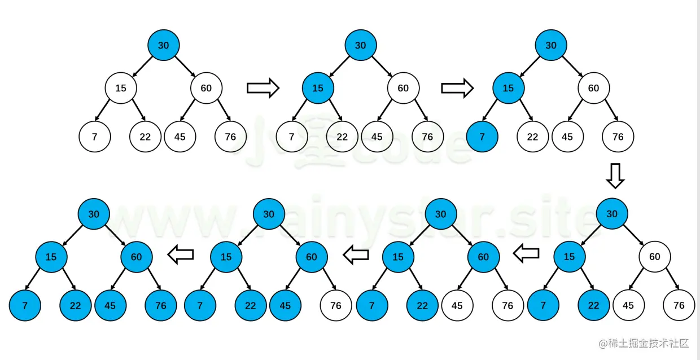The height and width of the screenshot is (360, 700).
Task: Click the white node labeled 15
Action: coord(121,88)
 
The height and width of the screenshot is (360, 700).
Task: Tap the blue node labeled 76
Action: coord(161,305)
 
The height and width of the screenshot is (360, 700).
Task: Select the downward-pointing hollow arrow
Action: coord(615,176)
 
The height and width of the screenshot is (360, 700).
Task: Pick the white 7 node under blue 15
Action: coord(291,137)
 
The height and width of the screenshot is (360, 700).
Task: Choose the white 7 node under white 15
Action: coord(94,137)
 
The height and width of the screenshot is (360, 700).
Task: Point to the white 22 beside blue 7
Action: coord(532,137)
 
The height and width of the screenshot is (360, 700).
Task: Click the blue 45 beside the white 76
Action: coord(285,305)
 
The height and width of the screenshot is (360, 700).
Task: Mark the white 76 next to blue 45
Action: coord(336,305)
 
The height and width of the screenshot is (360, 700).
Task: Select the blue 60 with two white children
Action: coord(483,257)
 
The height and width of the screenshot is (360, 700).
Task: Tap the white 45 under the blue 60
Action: coord(457,305)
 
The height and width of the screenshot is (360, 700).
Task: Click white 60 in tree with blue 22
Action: coord(654,257)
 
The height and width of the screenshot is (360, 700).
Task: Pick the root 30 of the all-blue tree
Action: coord(94,214)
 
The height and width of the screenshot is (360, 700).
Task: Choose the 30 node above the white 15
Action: coord(163,45)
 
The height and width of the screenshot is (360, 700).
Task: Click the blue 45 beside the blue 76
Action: coord(110,305)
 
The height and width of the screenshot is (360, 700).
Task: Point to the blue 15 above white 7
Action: coord(318,88)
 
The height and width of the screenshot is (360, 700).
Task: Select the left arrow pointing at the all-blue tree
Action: coord(181,256)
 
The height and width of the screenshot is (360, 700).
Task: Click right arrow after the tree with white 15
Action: coord(263,87)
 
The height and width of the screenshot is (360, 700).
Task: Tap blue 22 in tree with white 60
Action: coord(593,305)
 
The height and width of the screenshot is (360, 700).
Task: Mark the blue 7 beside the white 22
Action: coord(482,137)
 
